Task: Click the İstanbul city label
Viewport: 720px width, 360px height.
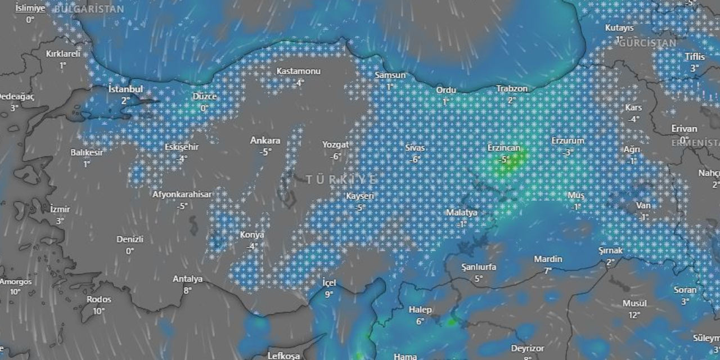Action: (x=125, y=89)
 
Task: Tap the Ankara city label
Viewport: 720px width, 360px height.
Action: (x=265, y=141)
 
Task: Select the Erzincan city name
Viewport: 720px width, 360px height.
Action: (x=505, y=148)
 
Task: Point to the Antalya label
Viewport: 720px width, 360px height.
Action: (x=187, y=279)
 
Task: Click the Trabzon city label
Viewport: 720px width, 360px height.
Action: (x=512, y=89)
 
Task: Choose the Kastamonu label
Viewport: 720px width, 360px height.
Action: (x=298, y=71)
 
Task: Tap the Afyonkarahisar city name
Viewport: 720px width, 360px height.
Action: (x=182, y=195)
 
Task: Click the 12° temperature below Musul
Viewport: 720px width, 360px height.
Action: (x=634, y=315)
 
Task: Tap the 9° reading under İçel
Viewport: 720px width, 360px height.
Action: (x=328, y=294)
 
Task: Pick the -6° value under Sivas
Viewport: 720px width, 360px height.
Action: (x=415, y=159)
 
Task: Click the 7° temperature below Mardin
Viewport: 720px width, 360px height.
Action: (x=548, y=271)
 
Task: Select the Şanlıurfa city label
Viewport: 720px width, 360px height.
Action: (x=478, y=267)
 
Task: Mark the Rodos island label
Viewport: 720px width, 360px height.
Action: (x=98, y=299)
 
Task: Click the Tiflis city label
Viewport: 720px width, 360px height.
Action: (x=694, y=57)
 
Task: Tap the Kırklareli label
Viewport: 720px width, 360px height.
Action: (x=63, y=54)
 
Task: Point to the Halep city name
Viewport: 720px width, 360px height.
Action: (x=420, y=310)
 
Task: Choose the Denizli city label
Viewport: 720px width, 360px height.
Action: (x=130, y=239)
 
